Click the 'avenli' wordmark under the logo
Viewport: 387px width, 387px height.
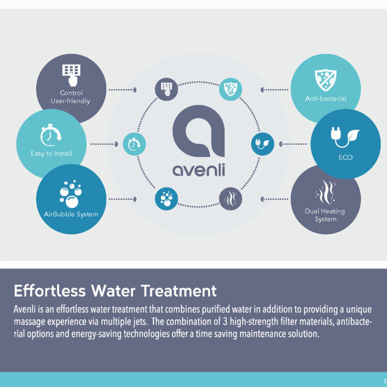click(199, 170)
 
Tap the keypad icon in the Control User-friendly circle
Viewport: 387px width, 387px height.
click(71, 75)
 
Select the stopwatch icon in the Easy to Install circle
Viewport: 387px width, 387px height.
click(51, 135)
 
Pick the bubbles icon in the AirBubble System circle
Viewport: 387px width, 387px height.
click(71, 194)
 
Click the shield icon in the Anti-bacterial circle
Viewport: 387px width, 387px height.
click(326, 80)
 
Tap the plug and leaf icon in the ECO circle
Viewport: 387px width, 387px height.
click(345, 137)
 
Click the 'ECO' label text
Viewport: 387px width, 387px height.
click(345, 158)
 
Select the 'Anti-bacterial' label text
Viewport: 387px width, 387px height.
click(326, 99)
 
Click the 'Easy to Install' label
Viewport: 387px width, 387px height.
click(51, 153)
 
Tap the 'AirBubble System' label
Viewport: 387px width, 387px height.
click(71, 214)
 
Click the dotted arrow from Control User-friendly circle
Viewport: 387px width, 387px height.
click(123, 90)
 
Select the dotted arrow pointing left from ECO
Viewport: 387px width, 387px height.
click(293, 144)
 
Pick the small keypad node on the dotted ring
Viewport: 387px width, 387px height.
click(166, 89)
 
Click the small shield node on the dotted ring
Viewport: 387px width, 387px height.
click(231, 89)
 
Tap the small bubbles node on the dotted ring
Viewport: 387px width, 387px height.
click(166, 199)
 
